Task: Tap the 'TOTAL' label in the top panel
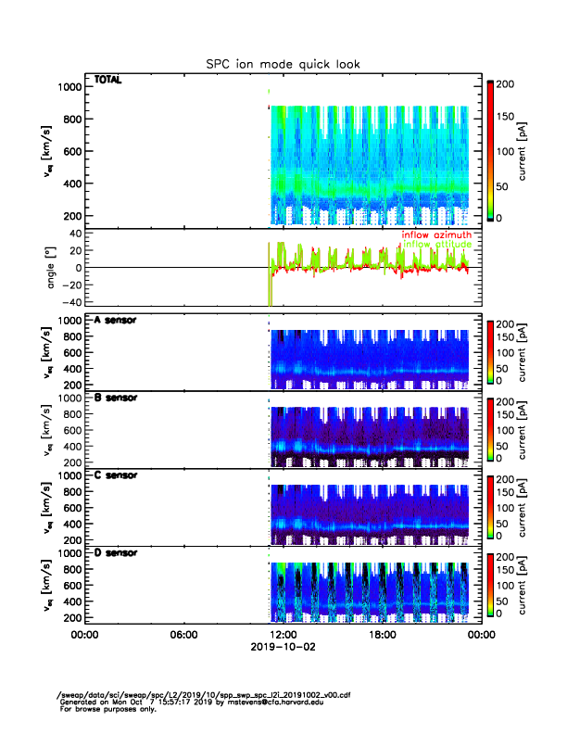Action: pyautogui.click(x=108, y=80)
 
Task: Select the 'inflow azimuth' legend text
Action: pyautogui.click(x=438, y=235)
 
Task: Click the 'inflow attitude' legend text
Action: pyautogui.click(x=438, y=244)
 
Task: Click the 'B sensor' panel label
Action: pyautogui.click(x=116, y=398)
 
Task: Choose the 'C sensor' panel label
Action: pyautogui.click(x=116, y=475)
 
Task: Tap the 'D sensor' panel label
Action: pyautogui.click(x=116, y=552)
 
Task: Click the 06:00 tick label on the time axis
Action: pyautogui.click(x=183, y=635)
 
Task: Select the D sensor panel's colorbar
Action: pyautogui.click(x=492, y=585)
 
